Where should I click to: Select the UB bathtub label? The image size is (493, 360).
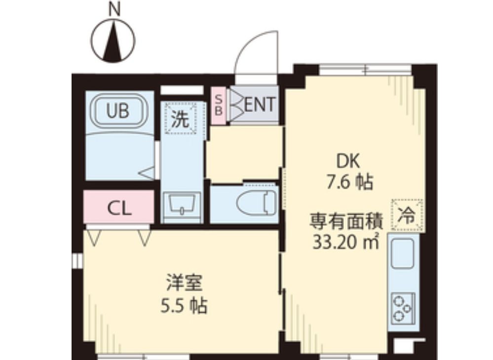118,111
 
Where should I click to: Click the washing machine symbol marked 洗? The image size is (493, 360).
181,119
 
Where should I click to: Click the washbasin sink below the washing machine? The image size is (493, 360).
182,204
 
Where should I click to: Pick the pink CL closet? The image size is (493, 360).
119,208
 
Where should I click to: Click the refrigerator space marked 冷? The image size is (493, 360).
407,215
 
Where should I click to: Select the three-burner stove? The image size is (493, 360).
403,308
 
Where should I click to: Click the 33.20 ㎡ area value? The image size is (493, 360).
345,242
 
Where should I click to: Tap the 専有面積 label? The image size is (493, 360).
345,221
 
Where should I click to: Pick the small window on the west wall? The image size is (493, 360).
76,261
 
